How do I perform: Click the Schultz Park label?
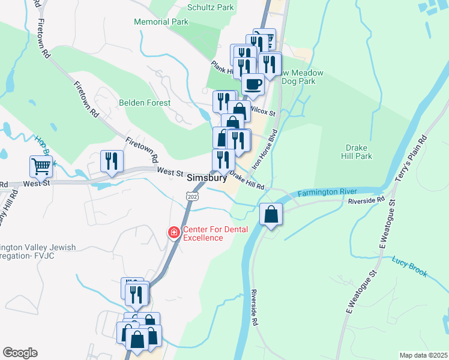point(210,8)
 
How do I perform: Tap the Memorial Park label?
point(161,22)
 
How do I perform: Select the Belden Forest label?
point(145,103)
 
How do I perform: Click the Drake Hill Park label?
point(359,152)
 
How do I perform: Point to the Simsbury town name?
point(207,178)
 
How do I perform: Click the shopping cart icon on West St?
point(41,166)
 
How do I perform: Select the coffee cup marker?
point(253,84)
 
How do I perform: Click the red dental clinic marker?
point(174,232)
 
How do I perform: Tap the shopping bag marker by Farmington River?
point(271,214)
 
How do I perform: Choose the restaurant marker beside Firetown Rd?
point(112,161)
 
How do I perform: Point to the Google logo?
point(20,353)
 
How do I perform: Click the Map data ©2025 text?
point(423,355)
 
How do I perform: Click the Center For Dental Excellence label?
point(203,233)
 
